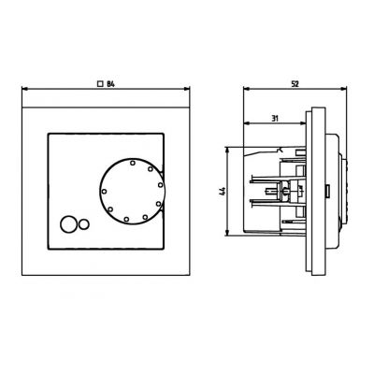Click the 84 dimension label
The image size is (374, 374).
coord(110,85)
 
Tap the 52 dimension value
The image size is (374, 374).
coord(294,84)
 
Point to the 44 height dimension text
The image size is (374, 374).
coord(222,192)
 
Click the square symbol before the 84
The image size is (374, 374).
coord(100,85)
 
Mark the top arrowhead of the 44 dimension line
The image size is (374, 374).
coord(229,150)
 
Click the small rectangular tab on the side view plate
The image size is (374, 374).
coord(325,194)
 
